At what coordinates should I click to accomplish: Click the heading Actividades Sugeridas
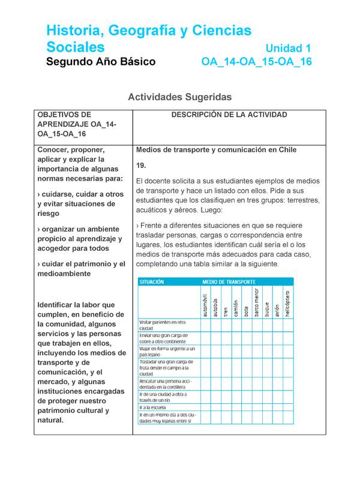pyautogui.click(x=180, y=97)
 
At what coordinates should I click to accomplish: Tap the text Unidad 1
pyautogui.click(x=288, y=48)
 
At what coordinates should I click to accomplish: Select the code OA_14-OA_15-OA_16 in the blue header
pyautogui.click(x=256, y=62)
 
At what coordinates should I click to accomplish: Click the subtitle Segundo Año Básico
pyautogui.click(x=101, y=62)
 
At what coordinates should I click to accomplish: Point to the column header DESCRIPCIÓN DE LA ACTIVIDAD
pyautogui.click(x=229, y=115)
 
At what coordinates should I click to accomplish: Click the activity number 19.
pyautogui.click(x=142, y=165)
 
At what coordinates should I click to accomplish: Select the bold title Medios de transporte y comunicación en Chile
pyautogui.click(x=216, y=149)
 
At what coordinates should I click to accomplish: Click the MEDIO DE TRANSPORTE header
pyautogui.click(x=229, y=281)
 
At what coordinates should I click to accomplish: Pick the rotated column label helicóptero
pyautogui.click(x=287, y=304)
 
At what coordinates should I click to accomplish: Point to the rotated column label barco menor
pyautogui.click(x=256, y=302)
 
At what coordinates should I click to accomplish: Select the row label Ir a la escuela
pyautogui.click(x=154, y=407)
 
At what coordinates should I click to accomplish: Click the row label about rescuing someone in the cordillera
pyautogui.click(x=165, y=383)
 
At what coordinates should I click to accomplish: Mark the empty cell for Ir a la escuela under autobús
pyautogui.click(x=215, y=407)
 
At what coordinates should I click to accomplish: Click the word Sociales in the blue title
pyautogui.click(x=76, y=47)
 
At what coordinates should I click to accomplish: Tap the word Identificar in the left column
pyautogui.click(x=59, y=305)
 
